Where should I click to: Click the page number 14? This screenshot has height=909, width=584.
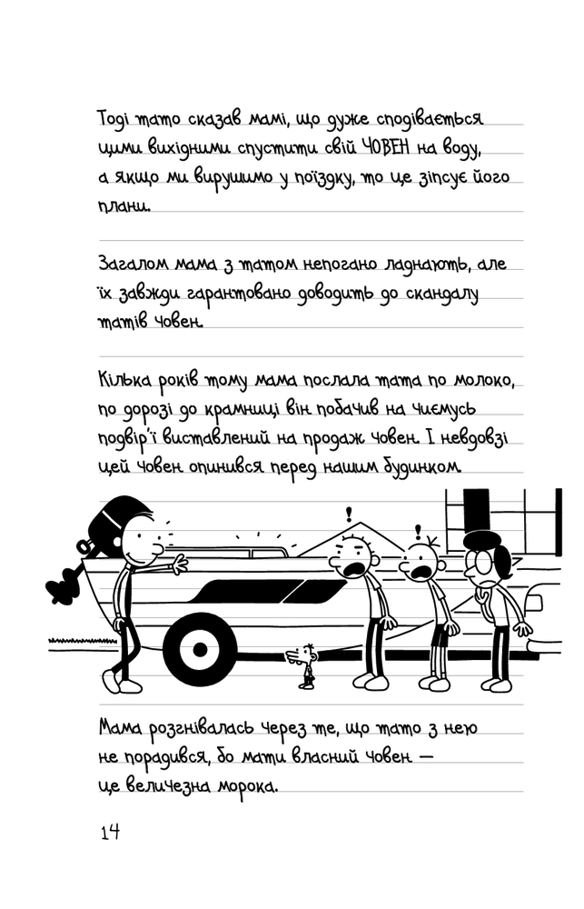point(110,833)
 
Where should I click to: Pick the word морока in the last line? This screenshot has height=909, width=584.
point(247,787)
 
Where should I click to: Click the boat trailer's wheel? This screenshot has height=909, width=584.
point(200,648)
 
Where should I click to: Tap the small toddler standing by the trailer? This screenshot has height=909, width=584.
point(305,665)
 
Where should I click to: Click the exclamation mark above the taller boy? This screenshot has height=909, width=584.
point(349,514)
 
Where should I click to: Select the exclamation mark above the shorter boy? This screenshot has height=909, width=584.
point(419,531)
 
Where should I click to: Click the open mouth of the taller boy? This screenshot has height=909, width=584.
point(352,571)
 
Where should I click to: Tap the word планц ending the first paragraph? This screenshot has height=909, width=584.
point(124,206)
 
